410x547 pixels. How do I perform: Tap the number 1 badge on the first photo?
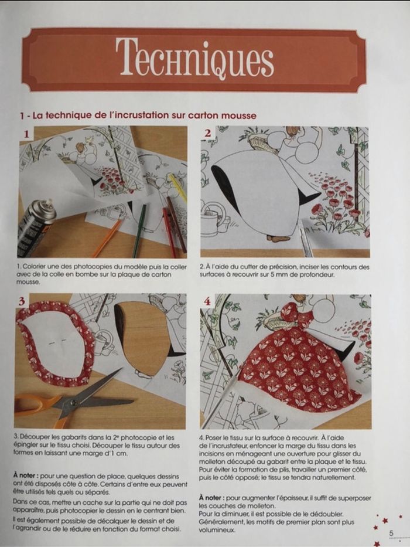pyautogui.click(x=26, y=134)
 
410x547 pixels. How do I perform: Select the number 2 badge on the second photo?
pyautogui.click(x=208, y=132)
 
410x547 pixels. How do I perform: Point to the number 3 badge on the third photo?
pyautogui.click(x=22, y=301)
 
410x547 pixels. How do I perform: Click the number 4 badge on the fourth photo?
pyautogui.click(x=207, y=301)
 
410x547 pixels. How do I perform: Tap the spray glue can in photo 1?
pyautogui.click(x=35, y=226)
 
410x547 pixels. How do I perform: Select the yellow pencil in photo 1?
pyautogui.click(x=178, y=188)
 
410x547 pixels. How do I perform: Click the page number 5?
pyautogui.click(x=391, y=534)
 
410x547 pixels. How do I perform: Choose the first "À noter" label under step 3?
pyautogui.click(x=26, y=475)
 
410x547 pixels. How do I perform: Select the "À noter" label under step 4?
pyautogui.click(x=211, y=498)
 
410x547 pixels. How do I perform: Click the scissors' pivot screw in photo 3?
pyautogui.click(x=74, y=403)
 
